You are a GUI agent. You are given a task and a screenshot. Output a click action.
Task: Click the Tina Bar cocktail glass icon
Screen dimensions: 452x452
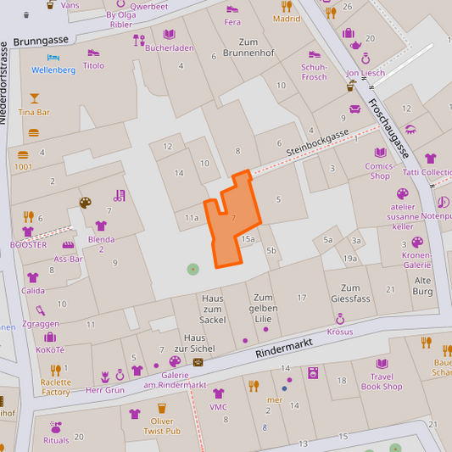coord(34,98)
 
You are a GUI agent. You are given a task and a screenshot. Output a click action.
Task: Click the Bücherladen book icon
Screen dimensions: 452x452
coord(170,35)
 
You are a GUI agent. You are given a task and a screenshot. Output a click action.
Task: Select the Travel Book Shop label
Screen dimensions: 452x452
coord(382,382)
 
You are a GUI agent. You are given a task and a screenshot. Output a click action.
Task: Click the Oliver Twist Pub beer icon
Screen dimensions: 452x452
coord(161,409)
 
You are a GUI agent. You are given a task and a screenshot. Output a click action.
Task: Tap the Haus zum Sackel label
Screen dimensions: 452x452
coord(213,309)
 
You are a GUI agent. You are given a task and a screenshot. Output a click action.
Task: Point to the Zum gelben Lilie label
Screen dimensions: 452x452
coord(265,309)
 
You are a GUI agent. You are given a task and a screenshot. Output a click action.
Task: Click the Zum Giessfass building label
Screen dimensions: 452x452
coord(350,293)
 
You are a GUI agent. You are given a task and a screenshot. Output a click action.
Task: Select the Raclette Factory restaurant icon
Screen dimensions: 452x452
coord(55,370)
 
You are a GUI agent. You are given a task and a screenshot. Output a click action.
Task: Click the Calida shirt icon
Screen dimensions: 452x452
coord(32,277)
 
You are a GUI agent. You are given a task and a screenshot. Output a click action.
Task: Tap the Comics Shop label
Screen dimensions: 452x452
coord(380,171)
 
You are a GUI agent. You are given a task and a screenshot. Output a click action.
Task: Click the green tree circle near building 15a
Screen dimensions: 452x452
coord(193,269)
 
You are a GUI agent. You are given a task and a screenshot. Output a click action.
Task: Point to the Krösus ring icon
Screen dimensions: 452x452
coord(339,319)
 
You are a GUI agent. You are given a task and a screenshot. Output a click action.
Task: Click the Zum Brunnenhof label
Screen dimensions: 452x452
coord(248,47)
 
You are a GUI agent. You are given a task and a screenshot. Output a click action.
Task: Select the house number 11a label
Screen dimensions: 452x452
coord(192,218)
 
